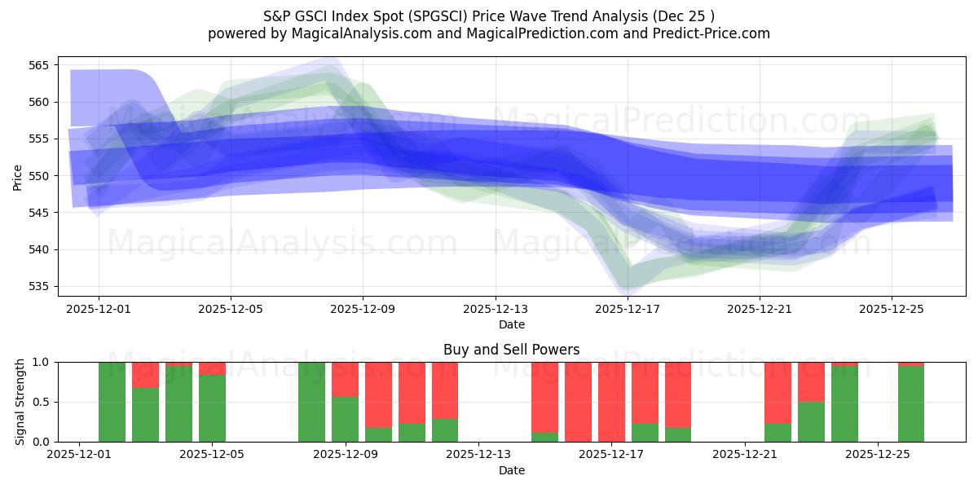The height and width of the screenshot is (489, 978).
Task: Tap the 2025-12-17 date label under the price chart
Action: (628, 310)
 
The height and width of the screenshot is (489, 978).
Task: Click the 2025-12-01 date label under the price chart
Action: (99, 310)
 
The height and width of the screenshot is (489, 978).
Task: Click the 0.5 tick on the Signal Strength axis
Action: (41, 402)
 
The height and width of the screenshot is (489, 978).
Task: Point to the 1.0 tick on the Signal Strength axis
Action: (41, 362)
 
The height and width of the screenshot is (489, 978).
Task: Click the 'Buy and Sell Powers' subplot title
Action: (511, 350)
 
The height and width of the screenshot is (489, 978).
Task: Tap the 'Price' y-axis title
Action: (18, 176)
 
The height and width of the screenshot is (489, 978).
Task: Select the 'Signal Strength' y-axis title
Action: (20, 402)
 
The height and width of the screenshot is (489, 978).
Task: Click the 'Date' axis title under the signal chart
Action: (511, 470)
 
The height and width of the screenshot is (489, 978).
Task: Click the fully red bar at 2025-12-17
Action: (611, 402)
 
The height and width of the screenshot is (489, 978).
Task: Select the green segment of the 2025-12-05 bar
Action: (212, 408)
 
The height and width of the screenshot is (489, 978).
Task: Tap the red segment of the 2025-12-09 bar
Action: (345, 379)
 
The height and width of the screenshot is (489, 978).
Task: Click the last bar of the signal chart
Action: (911, 403)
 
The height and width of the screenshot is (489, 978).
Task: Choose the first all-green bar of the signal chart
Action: (112, 402)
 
